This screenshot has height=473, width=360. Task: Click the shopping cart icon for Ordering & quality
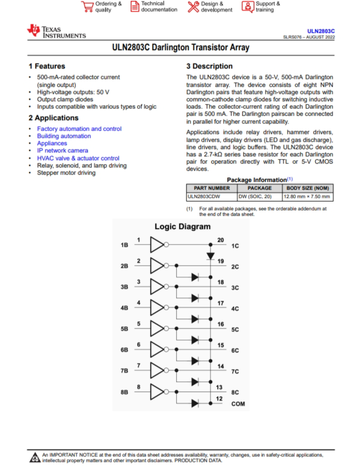coord(87,6)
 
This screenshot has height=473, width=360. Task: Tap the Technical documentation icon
coord(135,6)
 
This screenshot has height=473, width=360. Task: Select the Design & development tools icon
coord(193,6)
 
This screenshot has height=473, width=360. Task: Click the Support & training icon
coord(248,6)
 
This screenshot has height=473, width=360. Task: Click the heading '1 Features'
coord(47,66)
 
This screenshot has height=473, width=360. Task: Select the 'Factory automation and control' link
coord(79,129)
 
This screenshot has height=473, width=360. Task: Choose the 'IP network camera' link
coord(62,151)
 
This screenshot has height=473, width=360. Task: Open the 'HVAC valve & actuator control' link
coord(78,158)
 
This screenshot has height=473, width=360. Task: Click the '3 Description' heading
coord(209,66)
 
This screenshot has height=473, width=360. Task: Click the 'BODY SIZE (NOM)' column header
coord(308,188)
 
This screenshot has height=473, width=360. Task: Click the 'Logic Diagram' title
coord(182,227)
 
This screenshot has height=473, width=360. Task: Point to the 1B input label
coord(124,245)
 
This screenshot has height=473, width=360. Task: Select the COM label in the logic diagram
coord(238,404)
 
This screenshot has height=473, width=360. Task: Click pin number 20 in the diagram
coord(220,240)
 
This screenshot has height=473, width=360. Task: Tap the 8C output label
coord(235,392)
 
